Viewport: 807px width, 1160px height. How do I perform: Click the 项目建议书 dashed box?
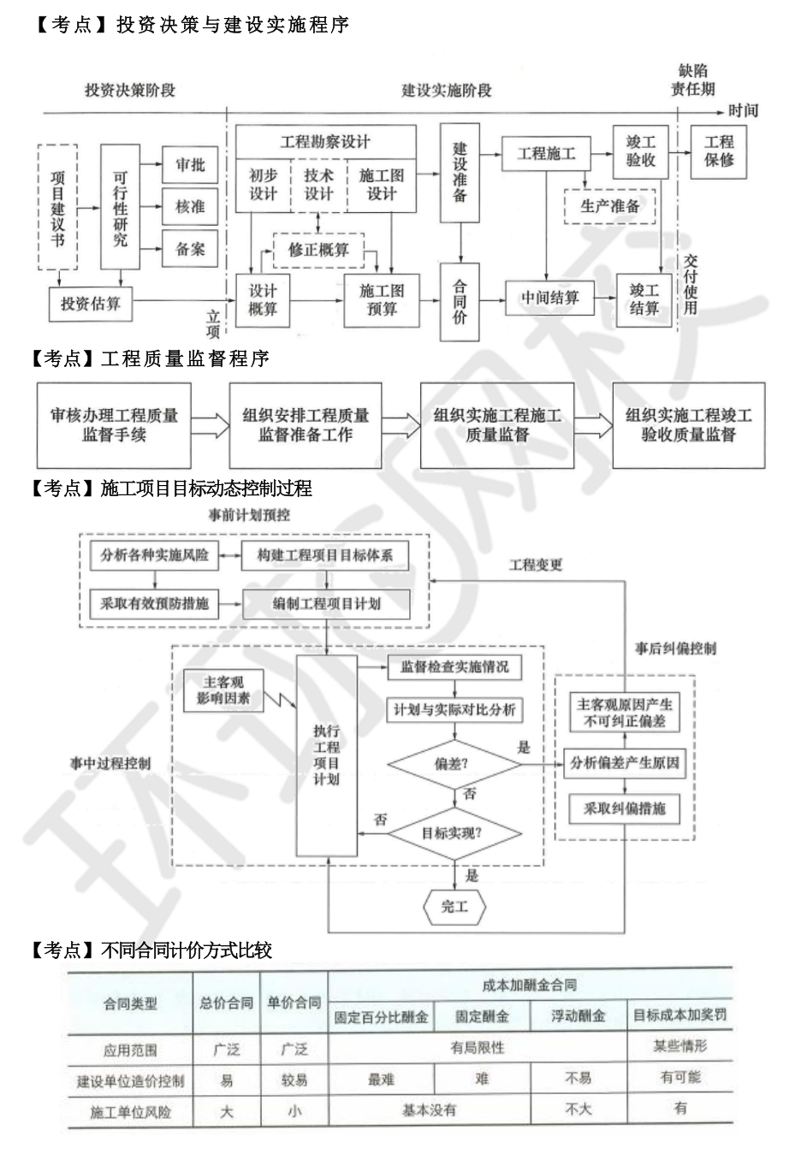pos(57,207)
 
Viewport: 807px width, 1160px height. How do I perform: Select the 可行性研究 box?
pos(120,207)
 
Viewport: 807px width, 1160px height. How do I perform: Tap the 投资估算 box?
pos(90,304)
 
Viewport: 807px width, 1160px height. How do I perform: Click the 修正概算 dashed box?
pos(318,250)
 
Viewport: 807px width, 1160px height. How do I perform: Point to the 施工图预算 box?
pos(382,299)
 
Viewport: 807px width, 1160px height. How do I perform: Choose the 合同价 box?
pos(460,302)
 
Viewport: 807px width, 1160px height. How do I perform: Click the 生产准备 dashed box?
pos(610,206)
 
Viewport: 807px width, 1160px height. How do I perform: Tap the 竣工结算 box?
pos(644,299)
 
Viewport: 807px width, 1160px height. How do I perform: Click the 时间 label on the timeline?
pos(743,110)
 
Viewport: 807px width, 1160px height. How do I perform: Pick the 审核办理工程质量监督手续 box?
pos(114,425)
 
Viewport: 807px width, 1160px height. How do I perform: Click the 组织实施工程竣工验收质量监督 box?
pos(688,425)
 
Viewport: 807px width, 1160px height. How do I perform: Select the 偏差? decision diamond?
pos(452,764)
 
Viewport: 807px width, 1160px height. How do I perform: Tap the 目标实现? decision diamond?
pos(452,832)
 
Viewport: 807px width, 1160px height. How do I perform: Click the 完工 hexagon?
pos(454,906)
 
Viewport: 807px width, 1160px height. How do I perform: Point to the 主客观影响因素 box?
pos(223,689)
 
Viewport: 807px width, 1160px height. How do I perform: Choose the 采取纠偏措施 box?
pos(624,808)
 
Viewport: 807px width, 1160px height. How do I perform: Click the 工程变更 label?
pos(536,565)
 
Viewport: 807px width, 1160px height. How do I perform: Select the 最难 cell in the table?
pos(381,1080)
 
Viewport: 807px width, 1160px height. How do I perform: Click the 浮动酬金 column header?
pos(578,1016)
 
